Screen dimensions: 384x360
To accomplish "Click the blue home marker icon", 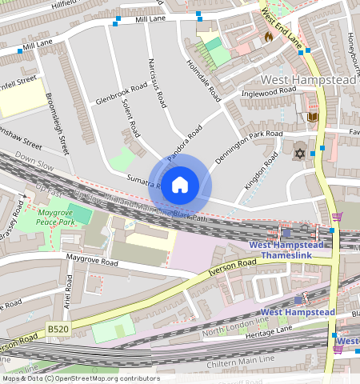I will (180, 184).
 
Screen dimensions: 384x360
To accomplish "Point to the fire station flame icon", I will (268, 37).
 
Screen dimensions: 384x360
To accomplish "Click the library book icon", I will (313, 118).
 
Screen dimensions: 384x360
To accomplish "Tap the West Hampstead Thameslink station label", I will (286, 250).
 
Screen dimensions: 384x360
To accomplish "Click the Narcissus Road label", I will (158, 82).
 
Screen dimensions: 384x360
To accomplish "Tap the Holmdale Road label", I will (203, 81).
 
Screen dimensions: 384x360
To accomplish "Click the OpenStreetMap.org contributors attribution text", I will (106, 378).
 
